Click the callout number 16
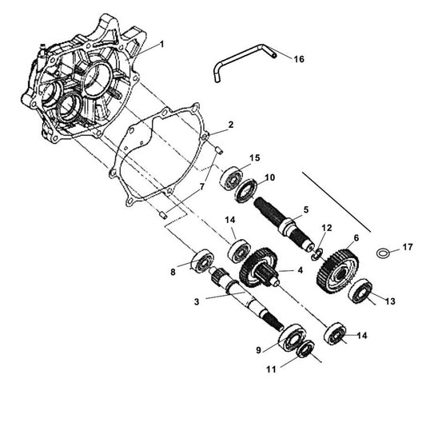299,59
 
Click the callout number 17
408,248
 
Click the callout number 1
162,44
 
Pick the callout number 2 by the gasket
230,125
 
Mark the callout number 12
324,229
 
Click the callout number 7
202,186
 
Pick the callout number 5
305,209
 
